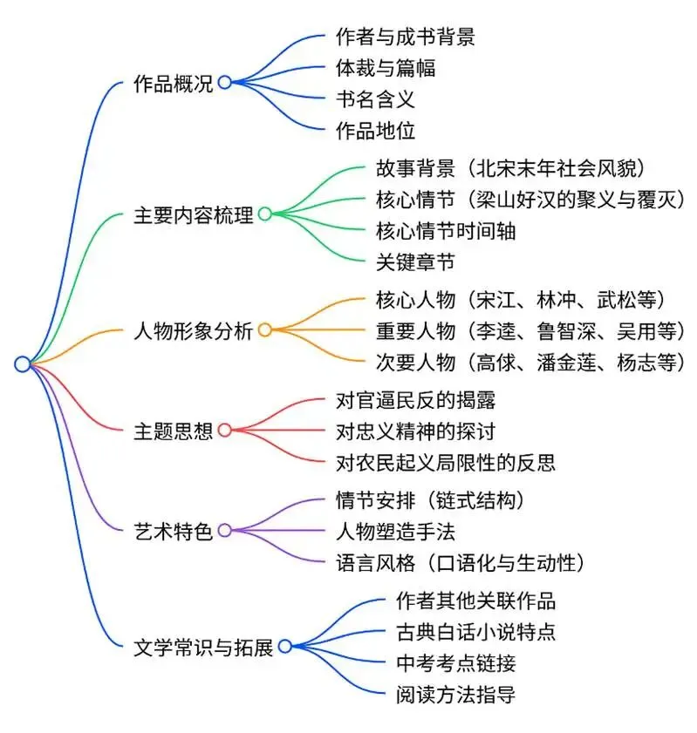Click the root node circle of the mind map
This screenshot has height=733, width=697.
click(x=22, y=364)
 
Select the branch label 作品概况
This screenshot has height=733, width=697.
click(x=173, y=84)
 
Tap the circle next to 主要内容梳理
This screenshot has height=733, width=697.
click(x=264, y=214)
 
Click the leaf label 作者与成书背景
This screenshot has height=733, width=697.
click(x=405, y=37)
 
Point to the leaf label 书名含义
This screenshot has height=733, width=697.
click(x=375, y=99)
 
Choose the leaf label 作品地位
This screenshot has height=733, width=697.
click(x=375, y=132)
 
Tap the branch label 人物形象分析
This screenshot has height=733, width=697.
click(x=192, y=330)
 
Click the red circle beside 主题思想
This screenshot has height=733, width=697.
click(x=225, y=431)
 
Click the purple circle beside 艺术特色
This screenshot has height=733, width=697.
click(x=225, y=531)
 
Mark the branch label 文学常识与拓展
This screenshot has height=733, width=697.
click(x=202, y=647)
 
